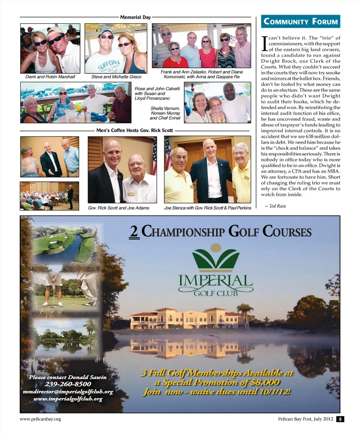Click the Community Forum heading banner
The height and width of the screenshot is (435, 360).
[x=300, y=21]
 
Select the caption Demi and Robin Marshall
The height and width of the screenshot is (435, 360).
[x=50, y=77]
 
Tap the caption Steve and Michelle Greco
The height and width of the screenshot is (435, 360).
[x=116, y=77]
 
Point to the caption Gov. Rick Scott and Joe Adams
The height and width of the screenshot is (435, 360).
[x=118, y=208]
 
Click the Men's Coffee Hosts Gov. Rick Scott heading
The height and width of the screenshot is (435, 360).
[x=135, y=131]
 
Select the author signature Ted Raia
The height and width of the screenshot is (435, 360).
[x=275, y=206]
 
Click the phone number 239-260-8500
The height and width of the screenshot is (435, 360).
[x=68, y=384]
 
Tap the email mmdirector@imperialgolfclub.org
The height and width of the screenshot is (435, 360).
[x=68, y=392]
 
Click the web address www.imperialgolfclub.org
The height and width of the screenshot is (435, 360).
[x=68, y=399]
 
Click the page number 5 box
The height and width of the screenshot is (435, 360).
[x=340, y=419]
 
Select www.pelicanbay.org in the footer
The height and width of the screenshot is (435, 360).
[x=40, y=419]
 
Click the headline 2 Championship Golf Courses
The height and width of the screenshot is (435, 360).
[x=220, y=232]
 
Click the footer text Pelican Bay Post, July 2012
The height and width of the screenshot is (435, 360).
[x=302, y=419]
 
